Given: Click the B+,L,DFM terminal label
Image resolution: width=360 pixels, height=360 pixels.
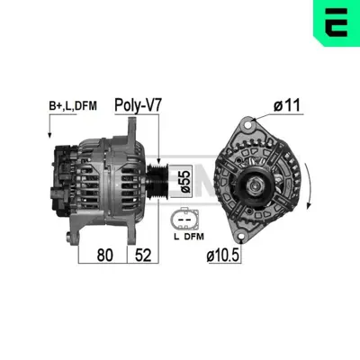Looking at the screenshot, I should click(71, 106).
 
